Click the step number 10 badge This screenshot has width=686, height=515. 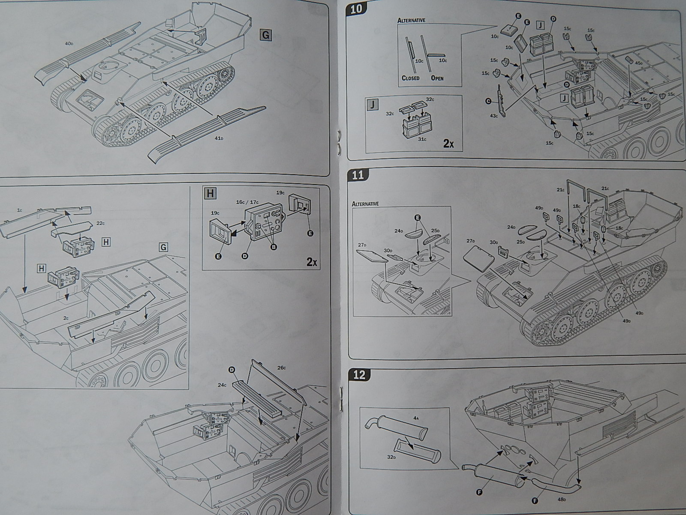coord(356,9)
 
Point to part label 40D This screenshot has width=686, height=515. coord(69,44)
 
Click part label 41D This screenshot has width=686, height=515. coord(219,138)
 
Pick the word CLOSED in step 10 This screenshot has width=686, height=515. coord(410,78)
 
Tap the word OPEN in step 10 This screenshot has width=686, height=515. coord(437,78)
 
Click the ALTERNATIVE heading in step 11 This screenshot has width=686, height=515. coord(365,204)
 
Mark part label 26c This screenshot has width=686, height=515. coord(281,367)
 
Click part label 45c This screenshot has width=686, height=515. coord(639,63)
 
